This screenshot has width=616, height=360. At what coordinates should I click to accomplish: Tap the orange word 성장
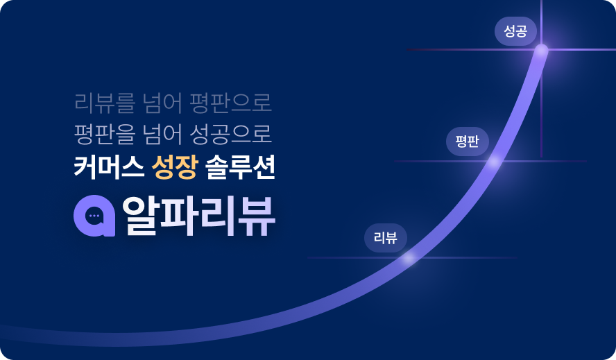coord(176,168)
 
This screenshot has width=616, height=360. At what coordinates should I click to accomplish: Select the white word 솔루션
coord(241,168)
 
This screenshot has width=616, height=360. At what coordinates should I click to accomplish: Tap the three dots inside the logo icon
coord(94,216)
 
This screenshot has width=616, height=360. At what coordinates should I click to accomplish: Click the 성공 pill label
coord(515,31)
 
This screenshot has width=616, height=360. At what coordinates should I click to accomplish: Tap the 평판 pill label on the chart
coord(467,142)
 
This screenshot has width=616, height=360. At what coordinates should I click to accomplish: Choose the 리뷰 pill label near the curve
coord(385,238)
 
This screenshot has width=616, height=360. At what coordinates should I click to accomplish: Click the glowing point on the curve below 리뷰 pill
coord(409,258)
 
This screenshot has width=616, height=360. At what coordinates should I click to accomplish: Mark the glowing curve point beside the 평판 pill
coord(494,162)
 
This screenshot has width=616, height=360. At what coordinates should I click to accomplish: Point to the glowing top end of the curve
coord(541,50)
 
